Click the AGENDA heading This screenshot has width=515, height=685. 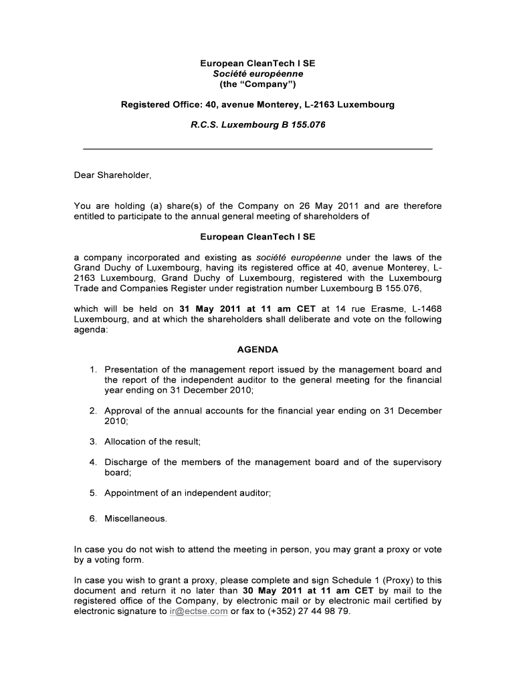pos(257,350)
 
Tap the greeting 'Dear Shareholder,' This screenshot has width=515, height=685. pos(113,176)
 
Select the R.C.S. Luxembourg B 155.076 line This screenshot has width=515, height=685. pos(257,125)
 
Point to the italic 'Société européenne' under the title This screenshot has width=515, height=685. pos(257,74)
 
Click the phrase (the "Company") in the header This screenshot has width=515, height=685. pos(257,84)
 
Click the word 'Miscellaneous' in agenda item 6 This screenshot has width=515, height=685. pos(135,518)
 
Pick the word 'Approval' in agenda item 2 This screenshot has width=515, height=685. pos(122,411)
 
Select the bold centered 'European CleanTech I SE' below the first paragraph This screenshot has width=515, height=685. pos(257,237)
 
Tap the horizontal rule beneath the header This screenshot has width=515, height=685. pos(257,148)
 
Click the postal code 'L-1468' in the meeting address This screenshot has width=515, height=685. pos(425,309)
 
